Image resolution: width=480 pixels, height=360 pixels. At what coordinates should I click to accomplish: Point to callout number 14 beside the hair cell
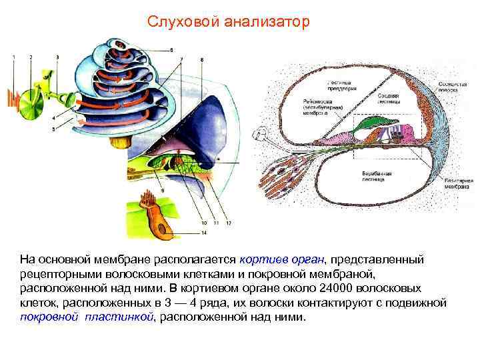(204, 233)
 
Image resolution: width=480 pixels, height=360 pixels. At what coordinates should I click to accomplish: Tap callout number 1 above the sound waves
(13, 59)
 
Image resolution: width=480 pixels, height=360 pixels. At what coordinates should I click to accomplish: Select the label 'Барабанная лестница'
(377, 175)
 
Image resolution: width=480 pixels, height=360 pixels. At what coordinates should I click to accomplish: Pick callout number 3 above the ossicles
(57, 59)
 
